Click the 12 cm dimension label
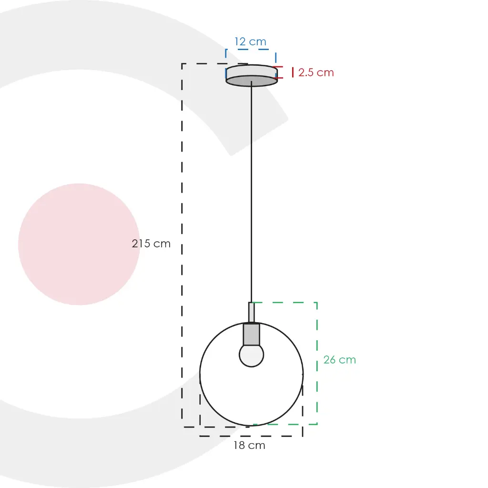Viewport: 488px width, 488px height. tap(250, 42)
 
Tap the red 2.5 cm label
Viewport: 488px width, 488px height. tap(316, 72)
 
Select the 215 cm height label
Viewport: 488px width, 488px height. tap(151, 244)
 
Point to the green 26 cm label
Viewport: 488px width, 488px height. tap(339, 360)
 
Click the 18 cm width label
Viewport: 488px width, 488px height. tap(249, 446)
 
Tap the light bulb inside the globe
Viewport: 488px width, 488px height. tap(251, 356)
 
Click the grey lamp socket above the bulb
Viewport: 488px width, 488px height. tap(251, 335)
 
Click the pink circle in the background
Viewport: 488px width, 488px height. tap(79, 244)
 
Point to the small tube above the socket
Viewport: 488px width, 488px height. tap(251, 313)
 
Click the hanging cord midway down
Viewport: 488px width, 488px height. tap(251, 191)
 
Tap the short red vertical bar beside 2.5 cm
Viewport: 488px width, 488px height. tap(293, 72)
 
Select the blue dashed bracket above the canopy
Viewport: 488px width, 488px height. tap(251, 50)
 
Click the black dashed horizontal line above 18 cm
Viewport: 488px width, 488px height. tap(251, 436)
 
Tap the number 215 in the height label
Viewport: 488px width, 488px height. tap(142, 244)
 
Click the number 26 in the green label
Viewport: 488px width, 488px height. tap(330, 360)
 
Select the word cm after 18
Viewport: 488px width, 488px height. tap(257, 446)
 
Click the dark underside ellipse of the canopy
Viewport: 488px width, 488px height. tap(252, 81)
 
